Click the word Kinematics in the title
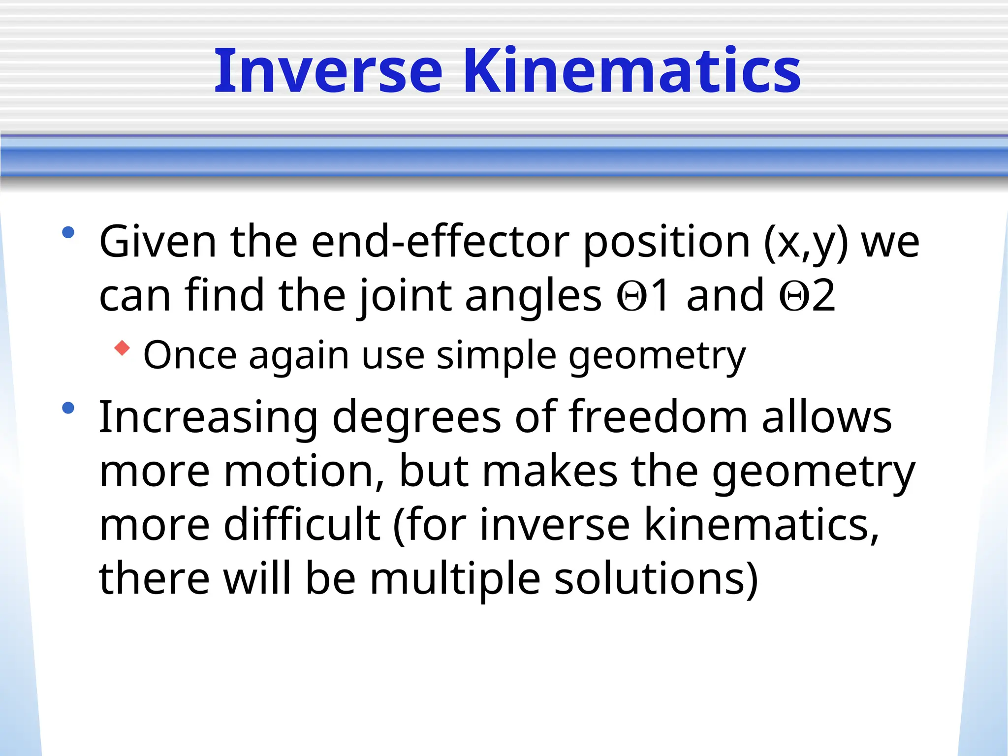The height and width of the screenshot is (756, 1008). tap(632, 71)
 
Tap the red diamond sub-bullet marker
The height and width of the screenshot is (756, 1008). tap(122, 348)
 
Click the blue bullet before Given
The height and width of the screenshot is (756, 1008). tap(68, 232)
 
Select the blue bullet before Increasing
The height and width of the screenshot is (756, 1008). tap(68, 408)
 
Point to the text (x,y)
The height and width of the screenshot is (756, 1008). tap(806, 242)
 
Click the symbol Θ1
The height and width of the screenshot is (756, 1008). tap(643, 295)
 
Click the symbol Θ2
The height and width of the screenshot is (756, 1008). tap(807, 295)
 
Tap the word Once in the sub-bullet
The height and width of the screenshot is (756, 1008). tap(190, 355)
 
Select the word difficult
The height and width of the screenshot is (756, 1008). tap(302, 525)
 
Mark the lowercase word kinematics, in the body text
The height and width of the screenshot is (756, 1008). tap(761, 525)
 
